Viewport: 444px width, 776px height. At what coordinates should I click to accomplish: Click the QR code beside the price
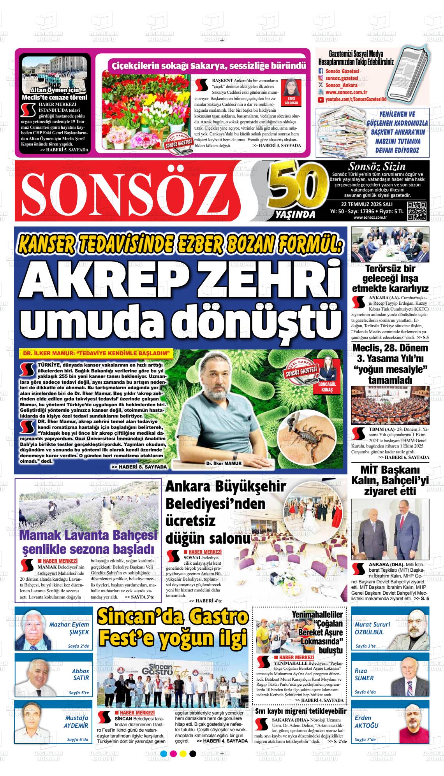418,211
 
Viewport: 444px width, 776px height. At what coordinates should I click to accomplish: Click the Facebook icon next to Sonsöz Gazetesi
321,71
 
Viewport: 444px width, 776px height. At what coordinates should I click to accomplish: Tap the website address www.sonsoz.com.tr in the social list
347,93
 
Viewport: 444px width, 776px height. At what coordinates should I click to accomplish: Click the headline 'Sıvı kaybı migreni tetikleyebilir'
300,711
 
